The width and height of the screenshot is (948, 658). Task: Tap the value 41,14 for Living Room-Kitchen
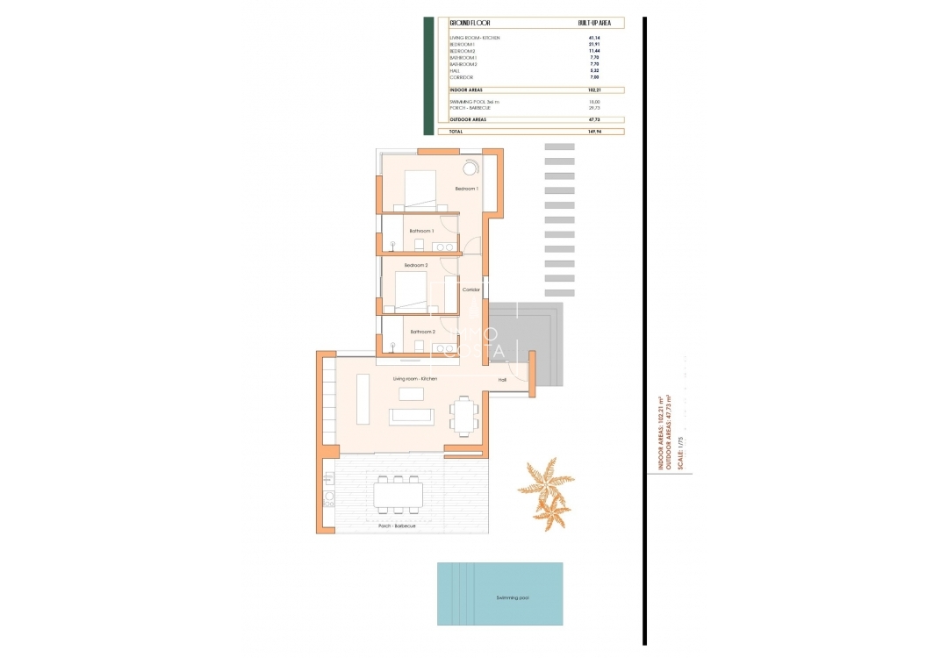tap(594, 38)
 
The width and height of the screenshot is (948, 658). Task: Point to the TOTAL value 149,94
tap(594, 132)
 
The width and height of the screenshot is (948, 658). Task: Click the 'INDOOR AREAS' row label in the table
tap(465, 90)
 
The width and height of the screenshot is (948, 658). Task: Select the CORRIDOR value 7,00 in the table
tap(594, 77)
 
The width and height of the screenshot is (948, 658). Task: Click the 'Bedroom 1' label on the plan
tap(466, 190)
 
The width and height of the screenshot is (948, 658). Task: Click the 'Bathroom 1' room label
tap(421, 231)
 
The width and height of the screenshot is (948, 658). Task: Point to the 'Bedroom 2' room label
tap(416, 265)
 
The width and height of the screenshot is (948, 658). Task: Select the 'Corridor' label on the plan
tap(471, 290)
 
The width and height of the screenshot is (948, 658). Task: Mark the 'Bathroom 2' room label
tap(422, 332)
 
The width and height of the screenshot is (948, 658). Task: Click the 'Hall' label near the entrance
tap(502, 380)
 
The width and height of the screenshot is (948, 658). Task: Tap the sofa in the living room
tap(412, 415)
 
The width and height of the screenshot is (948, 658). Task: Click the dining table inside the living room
tap(463, 414)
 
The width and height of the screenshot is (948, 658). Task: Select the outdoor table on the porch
tap(398, 494)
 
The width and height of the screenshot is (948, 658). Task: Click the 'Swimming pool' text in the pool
tap(512, 597)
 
